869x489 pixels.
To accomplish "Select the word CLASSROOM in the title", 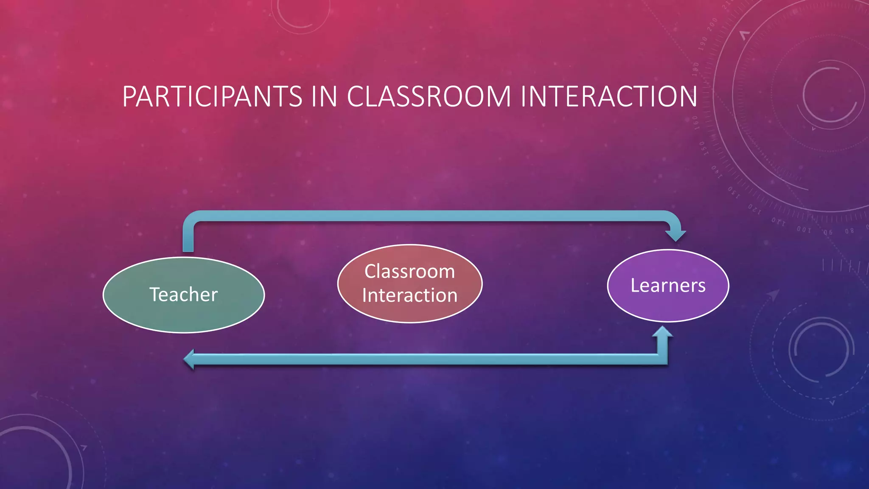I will [429, 96].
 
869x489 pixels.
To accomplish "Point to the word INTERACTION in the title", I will [609, 96].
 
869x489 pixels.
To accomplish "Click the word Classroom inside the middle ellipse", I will [409, 271].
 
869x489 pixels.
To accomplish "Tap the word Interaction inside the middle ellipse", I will [409, 295].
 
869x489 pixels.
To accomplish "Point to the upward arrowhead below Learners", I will [663, 332].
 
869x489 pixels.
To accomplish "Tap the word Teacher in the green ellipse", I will [184, 294].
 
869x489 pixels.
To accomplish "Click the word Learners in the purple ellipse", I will [668, 285].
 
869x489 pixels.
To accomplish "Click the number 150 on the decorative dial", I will [703, 148].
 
